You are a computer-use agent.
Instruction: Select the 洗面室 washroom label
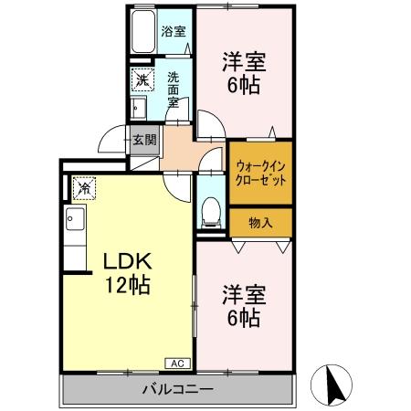pyautogui.click(x=174, y=90)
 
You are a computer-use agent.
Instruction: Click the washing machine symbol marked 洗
pyautogui.click(x=142, y=80)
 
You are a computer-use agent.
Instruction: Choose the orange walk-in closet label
pyautogui.click(x=261, y=172)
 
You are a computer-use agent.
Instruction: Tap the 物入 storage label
pyautogui.click(x=261, y=221)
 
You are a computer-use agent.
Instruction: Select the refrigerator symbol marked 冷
pyautogui.click(x=83, y=188)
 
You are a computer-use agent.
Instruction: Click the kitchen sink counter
pyautogui.click(x=73, y=233)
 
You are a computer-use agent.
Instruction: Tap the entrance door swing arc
pyautogui.click(x=111, y=144)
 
